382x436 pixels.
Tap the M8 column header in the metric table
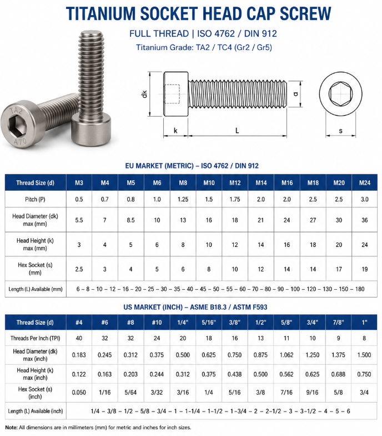click(183, 182)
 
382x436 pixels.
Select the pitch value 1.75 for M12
click(235, 199)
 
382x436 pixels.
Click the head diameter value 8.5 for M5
click(131, 220)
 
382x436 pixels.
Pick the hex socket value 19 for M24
click(364, 269)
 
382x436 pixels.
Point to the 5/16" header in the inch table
click(209, 323)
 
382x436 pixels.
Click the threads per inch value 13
click(261, 338)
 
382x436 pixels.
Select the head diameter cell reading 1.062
click(286, 355)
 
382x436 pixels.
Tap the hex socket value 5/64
click(131, 393)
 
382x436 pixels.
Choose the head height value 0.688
click(339, 374)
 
